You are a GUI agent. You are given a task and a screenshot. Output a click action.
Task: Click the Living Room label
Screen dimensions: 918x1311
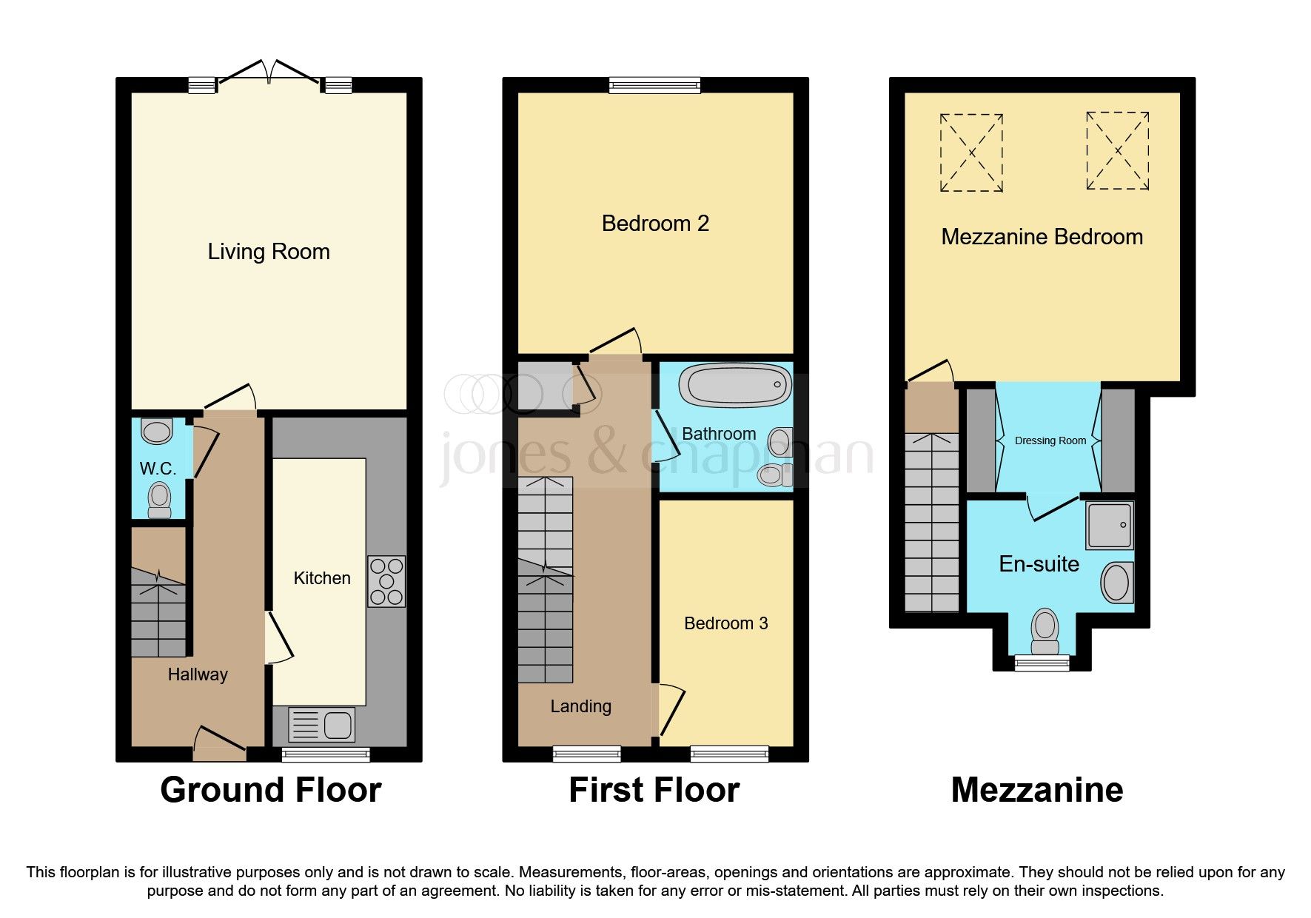pyautogui.click(x=268, y=252)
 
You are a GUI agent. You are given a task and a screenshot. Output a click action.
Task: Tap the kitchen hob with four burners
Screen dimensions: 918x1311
pyautogui.click(x=386, y=581)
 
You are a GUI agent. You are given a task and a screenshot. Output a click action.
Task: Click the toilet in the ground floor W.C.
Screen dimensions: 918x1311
pyautogui.click(x=159, y=500)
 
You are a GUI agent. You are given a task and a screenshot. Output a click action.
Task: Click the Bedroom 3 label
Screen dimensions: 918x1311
pyautogui.click(x=725, y=623)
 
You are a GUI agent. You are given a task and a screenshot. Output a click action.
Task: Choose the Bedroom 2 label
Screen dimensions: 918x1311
pyautogui.click(x=655, y=223)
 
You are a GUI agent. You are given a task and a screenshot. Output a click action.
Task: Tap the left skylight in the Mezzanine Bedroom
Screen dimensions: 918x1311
pyautogui.click(x=971, y=153)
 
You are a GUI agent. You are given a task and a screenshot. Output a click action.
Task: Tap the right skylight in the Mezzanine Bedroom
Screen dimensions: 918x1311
pyautogui.click(x=1117, y=151)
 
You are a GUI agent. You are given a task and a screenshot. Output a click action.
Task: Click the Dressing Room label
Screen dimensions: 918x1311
pyautogui.click(x=1050, y=440)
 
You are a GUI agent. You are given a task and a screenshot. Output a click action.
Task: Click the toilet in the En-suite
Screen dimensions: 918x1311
pyautogui.click(x=1045, y=631)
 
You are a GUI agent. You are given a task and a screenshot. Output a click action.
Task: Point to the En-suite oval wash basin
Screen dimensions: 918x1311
pyautogui.click(x=1117, y=582)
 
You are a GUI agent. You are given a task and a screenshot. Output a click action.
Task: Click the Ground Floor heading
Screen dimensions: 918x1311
pyautogui.click(x=270, y=790)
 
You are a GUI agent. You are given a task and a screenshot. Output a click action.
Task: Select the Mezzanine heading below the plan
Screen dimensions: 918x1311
pyautogui.click(x=1036, y=790)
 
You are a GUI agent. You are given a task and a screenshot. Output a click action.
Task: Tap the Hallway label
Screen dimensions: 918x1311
pyautogui.click(x=197, y=674)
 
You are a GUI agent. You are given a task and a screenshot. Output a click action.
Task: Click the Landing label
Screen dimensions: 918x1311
pyautogui.click(x=580, y=706)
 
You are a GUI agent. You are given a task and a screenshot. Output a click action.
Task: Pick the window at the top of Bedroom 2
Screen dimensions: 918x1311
pyautogui.click(x=654, y=86)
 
